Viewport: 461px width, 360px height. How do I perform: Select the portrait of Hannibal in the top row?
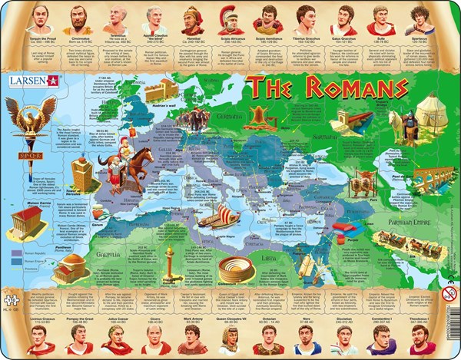click(194, 19)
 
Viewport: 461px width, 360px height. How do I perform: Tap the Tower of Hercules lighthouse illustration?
click(82, 174)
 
